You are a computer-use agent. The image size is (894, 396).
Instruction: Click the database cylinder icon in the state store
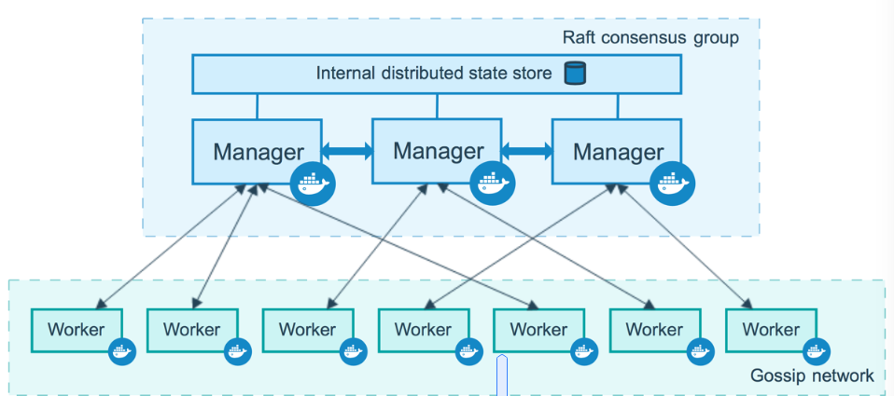[575, 74]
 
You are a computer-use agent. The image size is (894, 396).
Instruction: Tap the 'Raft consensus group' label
[650, 38]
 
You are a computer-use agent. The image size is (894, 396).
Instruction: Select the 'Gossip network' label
[812, 376]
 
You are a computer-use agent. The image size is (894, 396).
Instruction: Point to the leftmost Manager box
[258, 152]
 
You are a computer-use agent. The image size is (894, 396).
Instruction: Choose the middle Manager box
[437, 151]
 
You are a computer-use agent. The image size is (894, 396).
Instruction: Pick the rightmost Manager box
[617, 151]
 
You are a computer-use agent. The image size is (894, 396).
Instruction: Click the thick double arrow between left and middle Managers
[347, 151]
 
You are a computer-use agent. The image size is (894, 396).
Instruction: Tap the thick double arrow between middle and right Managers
[527, 151]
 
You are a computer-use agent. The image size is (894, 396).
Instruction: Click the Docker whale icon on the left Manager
[313, 184]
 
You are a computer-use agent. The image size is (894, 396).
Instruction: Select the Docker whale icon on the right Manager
[673, 184]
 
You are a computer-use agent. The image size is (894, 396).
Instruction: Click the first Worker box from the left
[77, 330]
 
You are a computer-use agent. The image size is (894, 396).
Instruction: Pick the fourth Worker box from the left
[424, 330]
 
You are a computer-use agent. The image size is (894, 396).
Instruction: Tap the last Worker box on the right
[772, 330]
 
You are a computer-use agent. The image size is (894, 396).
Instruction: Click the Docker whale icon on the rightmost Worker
[817, 351]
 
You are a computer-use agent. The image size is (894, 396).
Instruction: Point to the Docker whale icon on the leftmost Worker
[122, 351]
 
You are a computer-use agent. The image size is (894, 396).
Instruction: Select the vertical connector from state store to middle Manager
[438, 106]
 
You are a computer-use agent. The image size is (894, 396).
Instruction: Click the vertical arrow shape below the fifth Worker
[502, 375]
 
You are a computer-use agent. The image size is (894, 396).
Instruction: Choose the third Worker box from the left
[308, 330]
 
